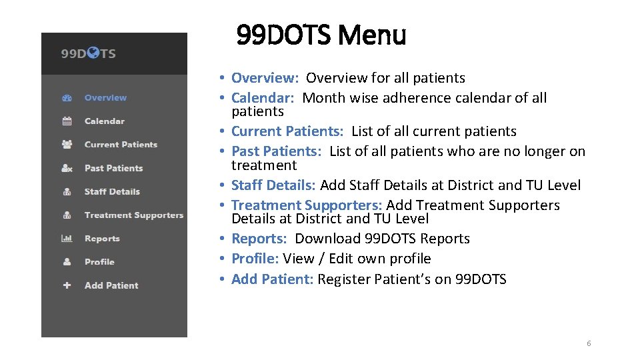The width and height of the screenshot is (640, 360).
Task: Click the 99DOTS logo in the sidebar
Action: pos(89,53)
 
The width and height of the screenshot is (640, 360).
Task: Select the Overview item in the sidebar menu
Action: pos(105,98)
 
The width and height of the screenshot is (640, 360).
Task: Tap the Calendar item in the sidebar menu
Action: pos(104,121)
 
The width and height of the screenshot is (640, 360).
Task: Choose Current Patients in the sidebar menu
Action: pos(121,145)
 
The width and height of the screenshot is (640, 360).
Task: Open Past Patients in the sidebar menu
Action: pos(113,168)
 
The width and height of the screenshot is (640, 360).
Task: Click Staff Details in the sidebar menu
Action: pos(112,191)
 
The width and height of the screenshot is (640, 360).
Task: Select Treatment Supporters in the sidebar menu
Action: pos(133,215)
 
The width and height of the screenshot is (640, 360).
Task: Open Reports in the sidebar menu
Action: pos(102,239)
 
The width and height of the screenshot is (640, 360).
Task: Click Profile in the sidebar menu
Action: pos(99,262)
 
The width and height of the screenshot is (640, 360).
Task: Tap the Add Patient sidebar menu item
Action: pos(111,285)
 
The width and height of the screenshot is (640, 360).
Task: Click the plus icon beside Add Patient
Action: pos(67,285)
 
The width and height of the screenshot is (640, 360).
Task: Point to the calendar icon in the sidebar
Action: pos(67,121)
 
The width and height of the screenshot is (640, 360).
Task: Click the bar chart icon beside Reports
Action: pos(67,239)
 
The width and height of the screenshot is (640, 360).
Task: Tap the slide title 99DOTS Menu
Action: pos(321,35)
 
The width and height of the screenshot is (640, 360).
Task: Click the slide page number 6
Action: pos(589,343)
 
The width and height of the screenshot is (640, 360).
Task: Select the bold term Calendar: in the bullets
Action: pos(264,98)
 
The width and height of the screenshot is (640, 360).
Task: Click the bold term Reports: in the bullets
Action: pos(259,239)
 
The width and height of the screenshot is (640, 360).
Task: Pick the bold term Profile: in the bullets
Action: pos(255,259)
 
